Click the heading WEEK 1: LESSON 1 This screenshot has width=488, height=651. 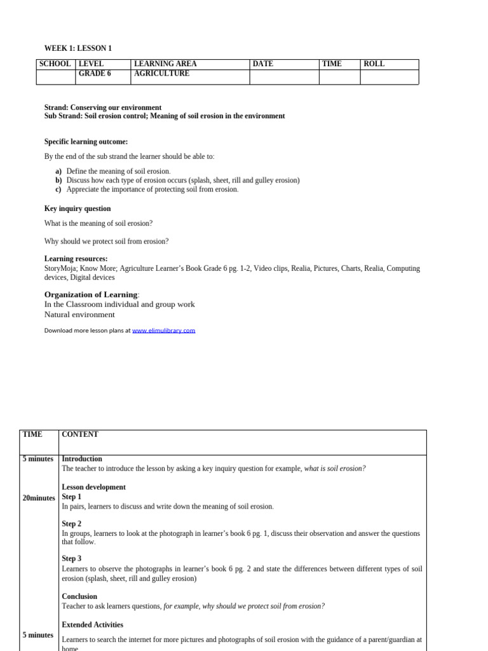[x=78, y=48]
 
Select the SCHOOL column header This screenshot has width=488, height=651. [x=55, y=64]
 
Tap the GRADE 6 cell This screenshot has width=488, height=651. [x=95, y=74]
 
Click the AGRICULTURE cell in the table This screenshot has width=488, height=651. [x=161, y=74]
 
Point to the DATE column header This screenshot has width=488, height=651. [x=263, y=64]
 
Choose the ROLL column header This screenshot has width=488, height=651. [x=374, y=64]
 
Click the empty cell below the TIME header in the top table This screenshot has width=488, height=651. [x=339, y=77]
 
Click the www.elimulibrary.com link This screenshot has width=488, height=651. [x=163, y=331]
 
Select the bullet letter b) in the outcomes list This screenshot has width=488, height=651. [x=58, y=181]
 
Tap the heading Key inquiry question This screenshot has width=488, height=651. [x=78, y=209]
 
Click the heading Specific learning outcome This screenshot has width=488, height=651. [x=86, y=142]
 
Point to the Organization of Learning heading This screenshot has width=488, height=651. [x=91, y=294]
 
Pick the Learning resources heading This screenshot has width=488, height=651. [x=76, y=259]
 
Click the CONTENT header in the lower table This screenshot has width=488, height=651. [x=80, y=435]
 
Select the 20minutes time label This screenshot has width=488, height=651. [x=39, y=498]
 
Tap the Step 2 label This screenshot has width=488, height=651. [x=71, y=524]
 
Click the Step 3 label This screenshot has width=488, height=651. [x=71, y=559]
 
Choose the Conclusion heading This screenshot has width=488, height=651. [x=79, y=596]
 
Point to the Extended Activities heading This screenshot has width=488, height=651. [x=92, y=625]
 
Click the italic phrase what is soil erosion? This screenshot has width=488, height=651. [x=335, y=469]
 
